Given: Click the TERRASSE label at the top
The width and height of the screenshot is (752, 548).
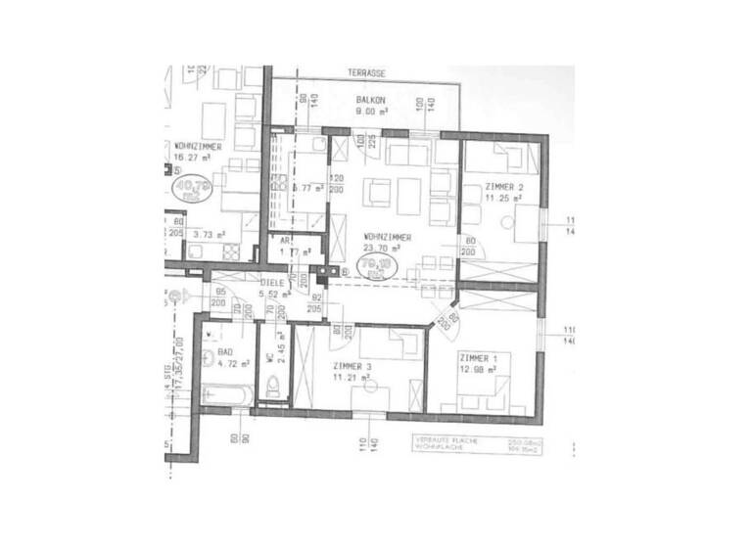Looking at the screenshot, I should (366, 73).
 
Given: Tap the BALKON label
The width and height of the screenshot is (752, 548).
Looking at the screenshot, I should (370, 100).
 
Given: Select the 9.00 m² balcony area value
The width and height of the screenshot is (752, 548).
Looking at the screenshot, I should (371, 111).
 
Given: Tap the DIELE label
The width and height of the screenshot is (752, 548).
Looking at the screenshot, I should (273, 282).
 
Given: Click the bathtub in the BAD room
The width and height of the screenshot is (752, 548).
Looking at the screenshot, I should (226, 394).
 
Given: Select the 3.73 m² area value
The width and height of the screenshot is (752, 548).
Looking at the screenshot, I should (210, 234).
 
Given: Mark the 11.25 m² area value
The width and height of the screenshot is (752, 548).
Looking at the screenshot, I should (503, 197).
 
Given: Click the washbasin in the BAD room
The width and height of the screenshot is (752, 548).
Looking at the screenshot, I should (210, 357).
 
